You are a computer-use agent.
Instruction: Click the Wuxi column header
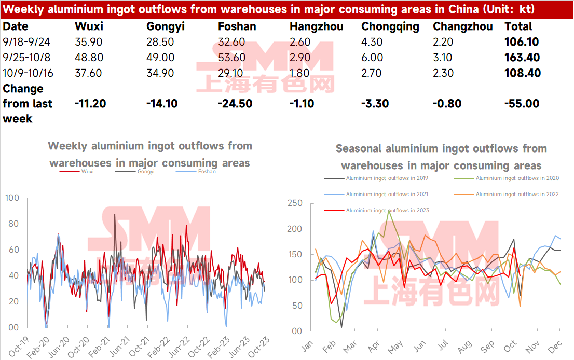89,26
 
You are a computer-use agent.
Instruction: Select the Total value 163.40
522,58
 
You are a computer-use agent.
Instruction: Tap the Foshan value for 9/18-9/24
231,42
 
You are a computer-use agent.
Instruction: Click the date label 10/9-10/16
28,73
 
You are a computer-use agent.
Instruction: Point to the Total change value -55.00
522,104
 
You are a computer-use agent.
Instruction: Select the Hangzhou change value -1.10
302,104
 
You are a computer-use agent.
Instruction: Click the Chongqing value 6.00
372,58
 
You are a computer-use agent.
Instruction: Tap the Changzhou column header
463,26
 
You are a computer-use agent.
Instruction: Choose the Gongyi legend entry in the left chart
135,171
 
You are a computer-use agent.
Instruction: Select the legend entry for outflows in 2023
376,211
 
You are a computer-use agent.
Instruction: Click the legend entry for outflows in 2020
507,178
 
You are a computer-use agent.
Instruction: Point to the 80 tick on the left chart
13,224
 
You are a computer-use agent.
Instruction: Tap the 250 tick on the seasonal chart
295,203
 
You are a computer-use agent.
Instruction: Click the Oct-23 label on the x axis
258,347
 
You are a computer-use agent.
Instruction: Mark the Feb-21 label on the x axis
99,347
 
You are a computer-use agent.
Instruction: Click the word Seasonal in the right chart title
359,148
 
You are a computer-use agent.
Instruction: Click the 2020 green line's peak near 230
389,211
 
